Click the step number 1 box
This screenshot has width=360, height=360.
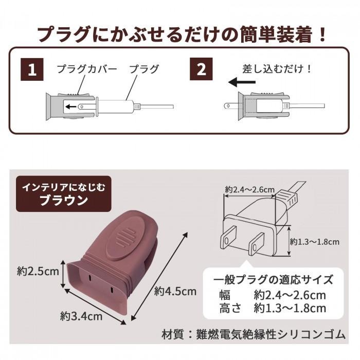coord(32,70)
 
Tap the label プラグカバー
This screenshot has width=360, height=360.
coord(87,69)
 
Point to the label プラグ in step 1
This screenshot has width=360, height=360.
coord(143,69)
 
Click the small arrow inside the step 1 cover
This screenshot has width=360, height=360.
coord(71,107)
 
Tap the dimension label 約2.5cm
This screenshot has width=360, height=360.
coord(38,271)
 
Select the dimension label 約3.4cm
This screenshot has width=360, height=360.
coord(81,315)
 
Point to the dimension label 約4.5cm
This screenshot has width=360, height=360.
coord(176,291)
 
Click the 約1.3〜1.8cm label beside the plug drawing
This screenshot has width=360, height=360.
coord(314,241)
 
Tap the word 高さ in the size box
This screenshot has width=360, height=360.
coord(229,308)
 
